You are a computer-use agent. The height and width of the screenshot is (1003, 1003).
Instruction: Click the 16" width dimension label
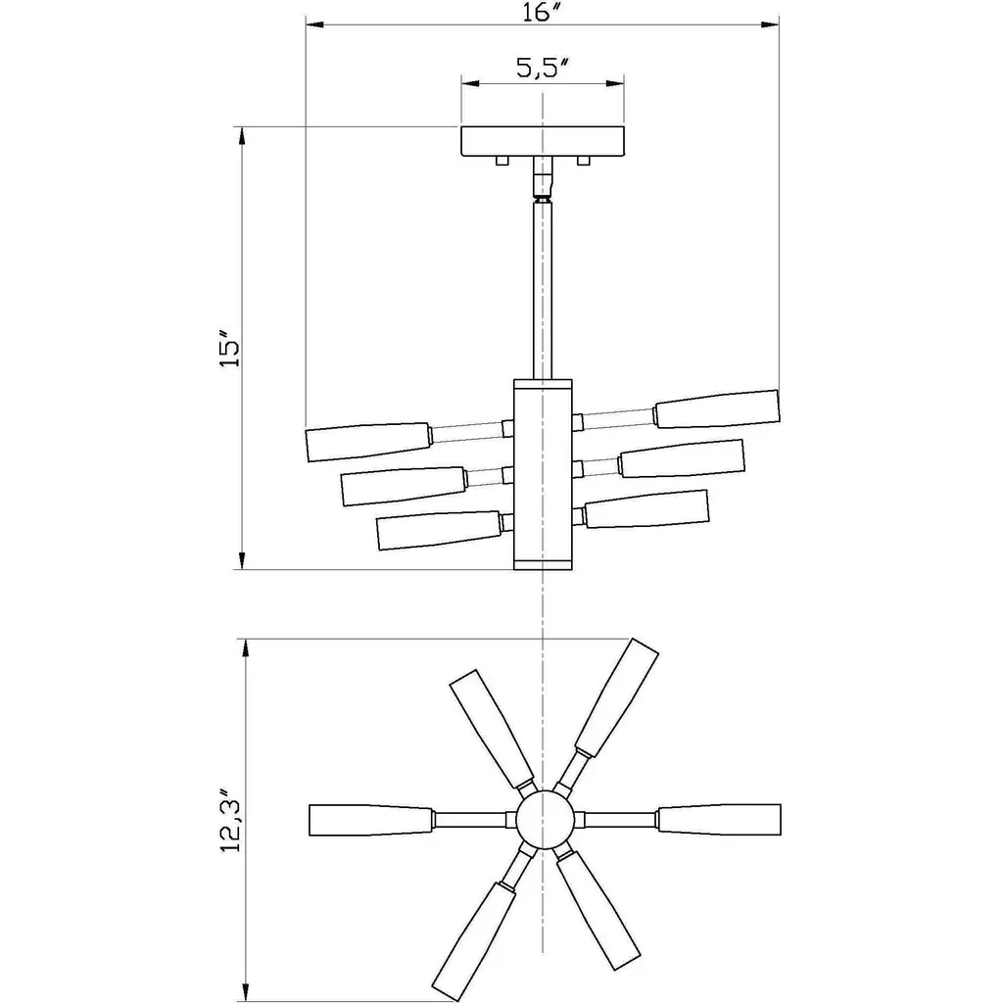click(541, 12)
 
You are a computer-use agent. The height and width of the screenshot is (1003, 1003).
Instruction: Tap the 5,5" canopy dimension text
click(543, 68)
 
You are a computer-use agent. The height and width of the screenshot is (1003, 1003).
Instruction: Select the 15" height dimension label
click(229, 349)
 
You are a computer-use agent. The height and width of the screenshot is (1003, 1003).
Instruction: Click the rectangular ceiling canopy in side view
click(543, 141)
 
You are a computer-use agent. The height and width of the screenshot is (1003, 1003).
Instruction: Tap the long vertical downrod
click(543, 290)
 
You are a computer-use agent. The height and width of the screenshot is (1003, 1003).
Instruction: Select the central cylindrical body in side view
click(543, 474)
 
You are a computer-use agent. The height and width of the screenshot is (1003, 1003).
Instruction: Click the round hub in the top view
click(544, 820)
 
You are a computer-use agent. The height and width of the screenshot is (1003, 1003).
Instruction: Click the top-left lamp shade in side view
click(368, 442)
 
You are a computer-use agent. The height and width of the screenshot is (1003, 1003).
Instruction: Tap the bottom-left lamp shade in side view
click(440, 530)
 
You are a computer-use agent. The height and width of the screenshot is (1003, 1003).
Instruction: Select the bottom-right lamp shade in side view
click(646, 509)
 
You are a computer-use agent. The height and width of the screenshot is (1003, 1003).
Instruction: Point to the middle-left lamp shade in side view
click(404, 486)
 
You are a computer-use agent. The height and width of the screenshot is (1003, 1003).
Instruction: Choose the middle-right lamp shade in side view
click(682, 458)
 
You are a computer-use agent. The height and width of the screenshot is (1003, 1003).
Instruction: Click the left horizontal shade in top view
click(371, 820)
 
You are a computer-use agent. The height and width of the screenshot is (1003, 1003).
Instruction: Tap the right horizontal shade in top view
click(719, 820)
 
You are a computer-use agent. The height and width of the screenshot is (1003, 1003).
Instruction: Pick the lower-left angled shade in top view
click(474, 941)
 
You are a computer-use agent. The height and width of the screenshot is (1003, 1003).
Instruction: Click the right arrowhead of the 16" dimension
click(770, 24)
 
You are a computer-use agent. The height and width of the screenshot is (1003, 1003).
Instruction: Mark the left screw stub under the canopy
click(502, 161)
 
